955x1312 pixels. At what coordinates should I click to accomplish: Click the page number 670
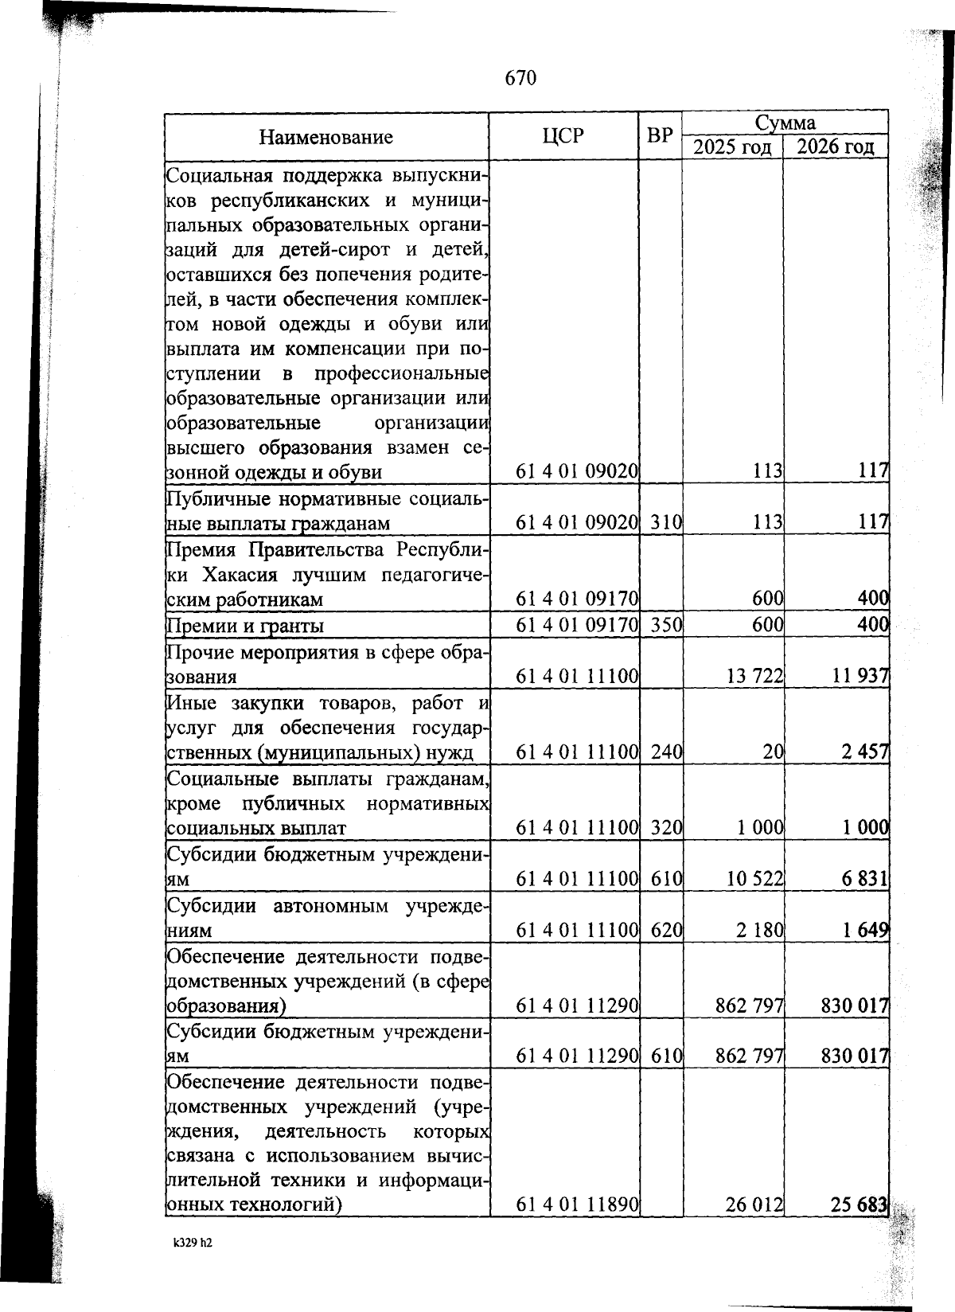point(521,78)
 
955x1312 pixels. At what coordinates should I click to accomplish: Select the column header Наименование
point(325,137)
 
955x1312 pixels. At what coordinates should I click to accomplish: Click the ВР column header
point(659,136)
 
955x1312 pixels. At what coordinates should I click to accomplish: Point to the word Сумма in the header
point(785,123)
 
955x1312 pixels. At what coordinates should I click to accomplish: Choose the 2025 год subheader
point(732,147)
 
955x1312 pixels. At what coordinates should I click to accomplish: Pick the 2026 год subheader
point(836,147)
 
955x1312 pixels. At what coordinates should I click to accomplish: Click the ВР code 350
point(661,626)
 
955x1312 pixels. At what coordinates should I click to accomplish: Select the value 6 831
point(866,879)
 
